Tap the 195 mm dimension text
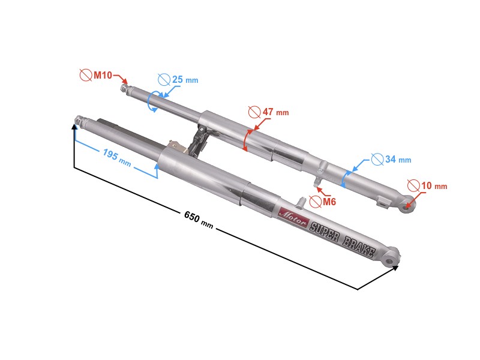[117, 158]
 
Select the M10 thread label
[103, 75]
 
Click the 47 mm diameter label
[275, 112]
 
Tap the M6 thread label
[329, 202]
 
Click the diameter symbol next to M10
[86, 75]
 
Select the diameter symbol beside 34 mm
[377, 159]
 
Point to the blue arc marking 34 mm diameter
[344, 179]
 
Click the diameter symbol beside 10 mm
[414, 186]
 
